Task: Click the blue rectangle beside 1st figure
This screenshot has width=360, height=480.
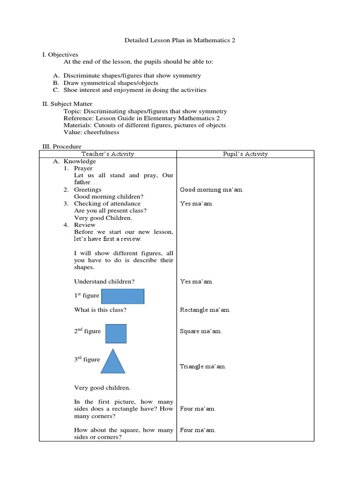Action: coord(123,296)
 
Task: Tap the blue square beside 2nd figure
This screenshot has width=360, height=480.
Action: coord(116,334)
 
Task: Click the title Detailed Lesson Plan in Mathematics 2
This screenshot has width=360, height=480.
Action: coord(180,40)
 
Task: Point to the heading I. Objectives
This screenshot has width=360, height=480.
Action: coord(60,55)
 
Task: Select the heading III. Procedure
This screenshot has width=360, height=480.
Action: coord(61,146)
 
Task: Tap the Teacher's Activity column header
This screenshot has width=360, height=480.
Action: coord(107,154)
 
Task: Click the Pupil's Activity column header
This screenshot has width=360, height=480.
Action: coord(245,154)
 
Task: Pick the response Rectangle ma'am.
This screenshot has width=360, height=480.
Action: coord(205,310)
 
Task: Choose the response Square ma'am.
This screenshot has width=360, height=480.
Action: coord(201,331)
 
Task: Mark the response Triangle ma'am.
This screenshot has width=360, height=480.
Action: coord(202,367)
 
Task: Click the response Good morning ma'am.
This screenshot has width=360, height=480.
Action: coord(211,190)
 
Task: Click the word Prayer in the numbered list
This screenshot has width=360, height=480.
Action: coord(83,168)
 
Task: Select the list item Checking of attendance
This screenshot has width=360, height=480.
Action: coord(107,203)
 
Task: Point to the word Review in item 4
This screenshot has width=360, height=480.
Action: coord(84,225)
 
